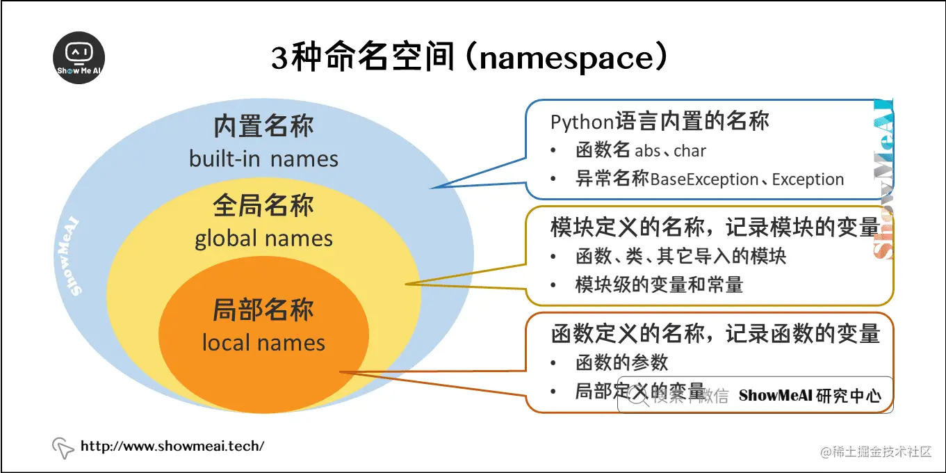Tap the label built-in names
coord(263,159)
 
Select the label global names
coord(263,239)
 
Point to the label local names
coord(263,343)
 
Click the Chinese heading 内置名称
coord(263,127)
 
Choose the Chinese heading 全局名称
coord(263,206)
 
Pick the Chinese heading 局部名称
coord(263,310)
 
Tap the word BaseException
coord(704,179)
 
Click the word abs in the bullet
coord(648,151)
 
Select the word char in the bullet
coord(690,151)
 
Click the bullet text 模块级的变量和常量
coord(659,284)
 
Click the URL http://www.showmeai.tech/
coord(172,446)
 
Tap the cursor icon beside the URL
coord(63,448)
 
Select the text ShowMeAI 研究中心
coord(810,396)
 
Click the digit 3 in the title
coord(279,59)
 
